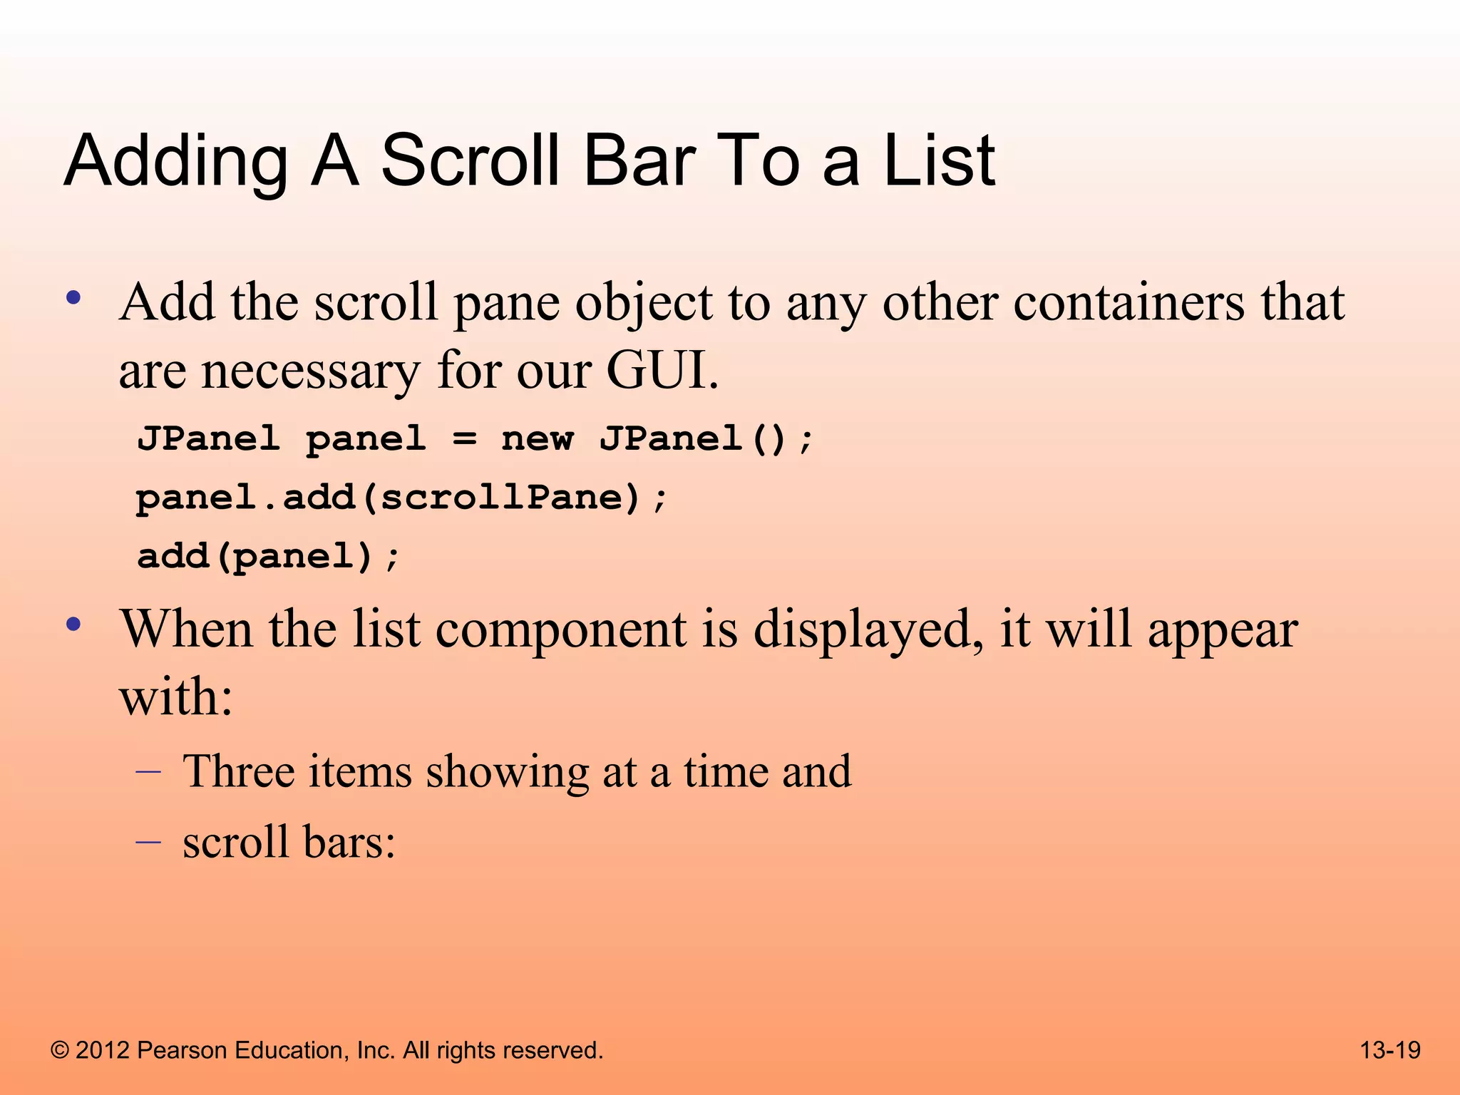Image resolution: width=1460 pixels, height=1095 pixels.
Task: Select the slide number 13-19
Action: [x=1389, y=1050]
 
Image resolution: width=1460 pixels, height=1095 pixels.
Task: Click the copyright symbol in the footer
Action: [x=60, y=1051]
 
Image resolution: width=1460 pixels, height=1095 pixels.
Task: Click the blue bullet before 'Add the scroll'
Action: [x=73, y=298]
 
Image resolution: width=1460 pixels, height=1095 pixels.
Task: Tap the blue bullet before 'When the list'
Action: [x=73, y=625]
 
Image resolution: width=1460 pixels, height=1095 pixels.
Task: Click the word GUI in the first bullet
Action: [x=661, y=371]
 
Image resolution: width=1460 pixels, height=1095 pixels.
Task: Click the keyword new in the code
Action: [x=537, y=438]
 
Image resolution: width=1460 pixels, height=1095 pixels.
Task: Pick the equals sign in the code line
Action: [x=464, y=438]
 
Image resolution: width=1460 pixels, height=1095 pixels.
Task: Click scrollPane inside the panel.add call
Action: [x=510, y=497]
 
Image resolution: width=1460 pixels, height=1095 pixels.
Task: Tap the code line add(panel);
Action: [x=268, y=556]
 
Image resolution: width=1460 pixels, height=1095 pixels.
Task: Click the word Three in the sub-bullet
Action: [x=237, y=771]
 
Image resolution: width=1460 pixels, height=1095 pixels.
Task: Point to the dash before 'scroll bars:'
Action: [x=148, y=842]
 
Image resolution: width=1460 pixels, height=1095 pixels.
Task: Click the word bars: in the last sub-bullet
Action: [x=349, y=842]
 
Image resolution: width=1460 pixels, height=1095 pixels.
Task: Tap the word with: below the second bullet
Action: [x=175, y=696]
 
